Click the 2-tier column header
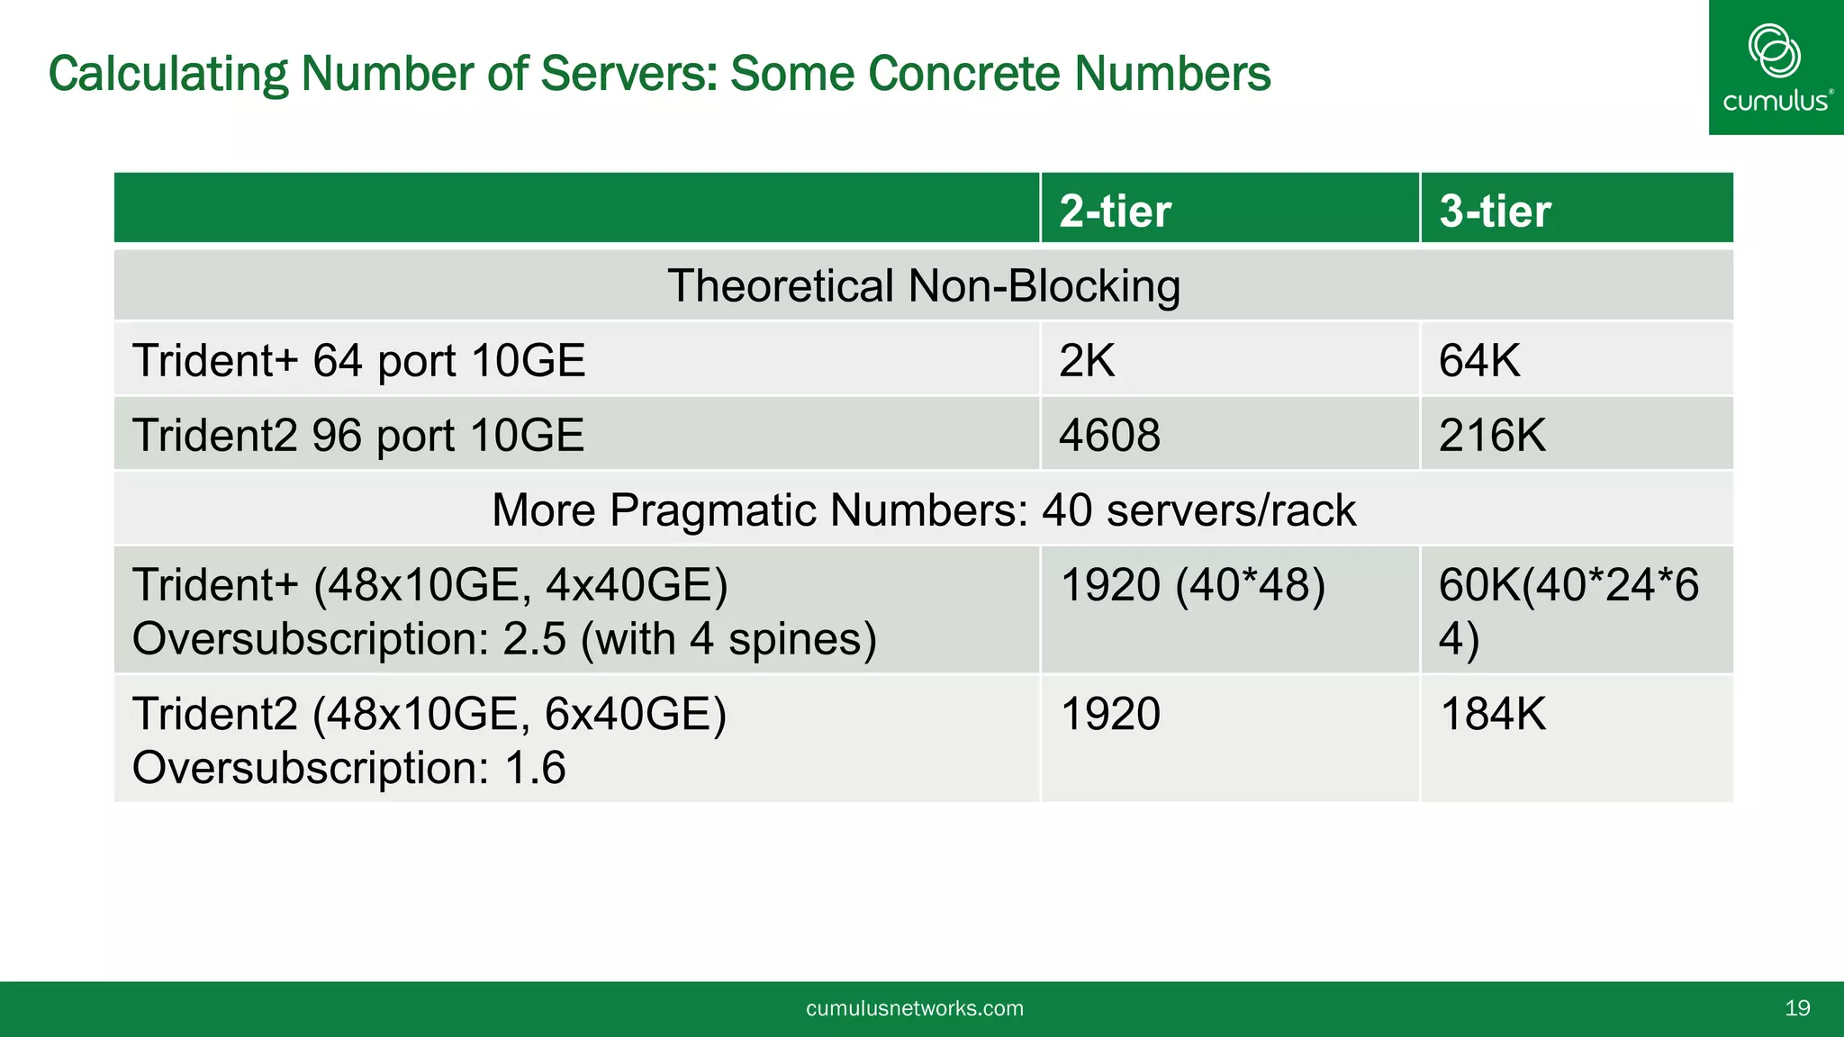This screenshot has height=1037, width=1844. (1115, 211)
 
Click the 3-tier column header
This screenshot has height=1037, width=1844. (1495, 211)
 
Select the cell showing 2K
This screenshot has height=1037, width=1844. (1086, 360)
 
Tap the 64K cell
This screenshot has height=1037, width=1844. (1478, 360)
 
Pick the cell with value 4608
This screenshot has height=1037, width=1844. (1109, 435)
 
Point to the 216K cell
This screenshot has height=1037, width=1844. (1492, 435)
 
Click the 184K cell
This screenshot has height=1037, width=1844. (1492, 714)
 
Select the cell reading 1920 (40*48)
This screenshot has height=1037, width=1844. (1193, 585)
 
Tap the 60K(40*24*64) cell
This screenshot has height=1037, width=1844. (1568, 610)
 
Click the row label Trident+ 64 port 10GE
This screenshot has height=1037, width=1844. (358, 360)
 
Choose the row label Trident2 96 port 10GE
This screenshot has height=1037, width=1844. (358, 435)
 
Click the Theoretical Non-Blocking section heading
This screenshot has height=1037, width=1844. (923, 285)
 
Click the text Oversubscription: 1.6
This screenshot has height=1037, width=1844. (349, 768)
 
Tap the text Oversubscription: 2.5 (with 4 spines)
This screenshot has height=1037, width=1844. (504, 639)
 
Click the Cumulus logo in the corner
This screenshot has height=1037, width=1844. (1776, 68)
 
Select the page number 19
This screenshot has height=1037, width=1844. (1797, 1008)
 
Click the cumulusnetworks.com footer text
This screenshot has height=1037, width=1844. (915, 1008)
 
